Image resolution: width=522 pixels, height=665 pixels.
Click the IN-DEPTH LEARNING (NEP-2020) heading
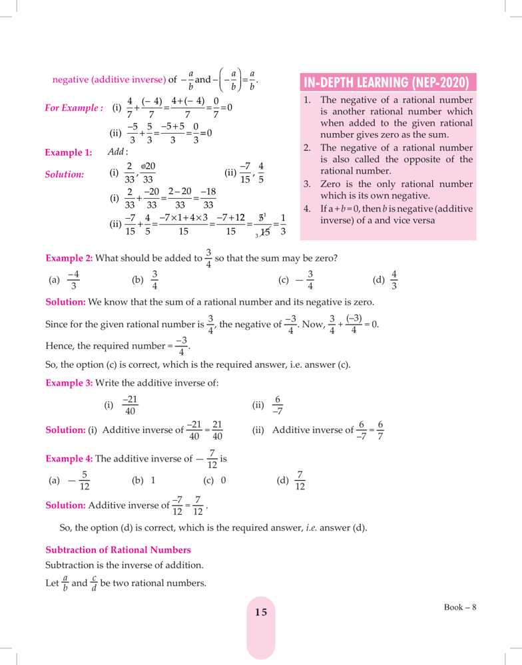(389, 82)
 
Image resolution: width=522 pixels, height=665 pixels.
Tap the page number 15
(260, 612)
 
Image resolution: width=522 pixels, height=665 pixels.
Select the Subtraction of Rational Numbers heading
(118, 550)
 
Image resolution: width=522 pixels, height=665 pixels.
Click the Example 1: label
(68, 153)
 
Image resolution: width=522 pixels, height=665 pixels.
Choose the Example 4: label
(69, 459)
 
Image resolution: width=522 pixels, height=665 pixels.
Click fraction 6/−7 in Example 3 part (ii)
(278, 405)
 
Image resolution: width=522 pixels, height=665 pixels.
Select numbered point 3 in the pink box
(387, 190)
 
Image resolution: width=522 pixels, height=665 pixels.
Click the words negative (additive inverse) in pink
(109, 80)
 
